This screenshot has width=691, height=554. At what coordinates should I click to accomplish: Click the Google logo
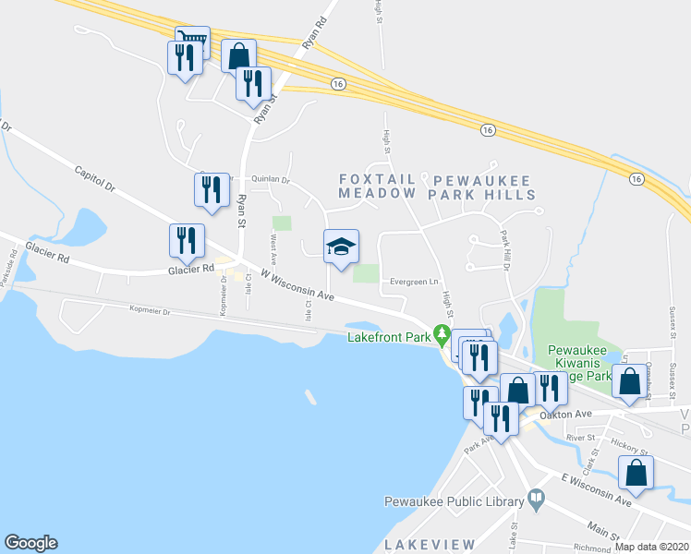coord(30,543)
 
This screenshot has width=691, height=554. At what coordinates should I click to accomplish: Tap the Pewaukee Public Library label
coord(454,502)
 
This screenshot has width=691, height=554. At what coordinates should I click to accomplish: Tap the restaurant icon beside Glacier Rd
coord(188,241)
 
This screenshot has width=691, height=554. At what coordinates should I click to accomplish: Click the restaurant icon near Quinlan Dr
coord(212,190)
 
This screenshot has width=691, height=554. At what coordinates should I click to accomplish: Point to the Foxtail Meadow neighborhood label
coord(377,186)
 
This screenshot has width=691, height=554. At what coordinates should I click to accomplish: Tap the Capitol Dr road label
coord(96,179)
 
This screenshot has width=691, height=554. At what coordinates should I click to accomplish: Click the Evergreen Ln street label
coord(412,282)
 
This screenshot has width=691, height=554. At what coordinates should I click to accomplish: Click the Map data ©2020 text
coord(651,547)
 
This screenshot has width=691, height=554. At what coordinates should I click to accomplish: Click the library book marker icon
coord(536,501)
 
